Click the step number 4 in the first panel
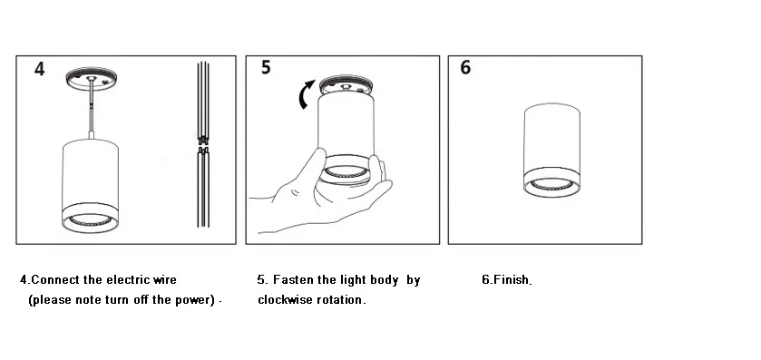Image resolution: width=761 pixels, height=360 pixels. point(40,70)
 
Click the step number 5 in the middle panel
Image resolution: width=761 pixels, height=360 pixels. point(266,68)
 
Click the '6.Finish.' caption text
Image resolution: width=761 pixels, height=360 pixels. point(506,280)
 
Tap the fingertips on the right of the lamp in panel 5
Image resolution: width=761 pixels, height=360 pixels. point(386,172)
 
